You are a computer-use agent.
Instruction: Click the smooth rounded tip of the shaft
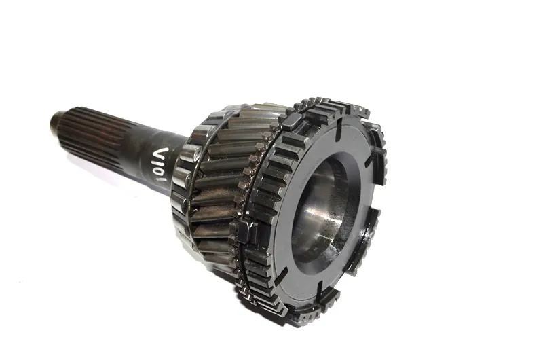pyautogui.click(x=56, y=120)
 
